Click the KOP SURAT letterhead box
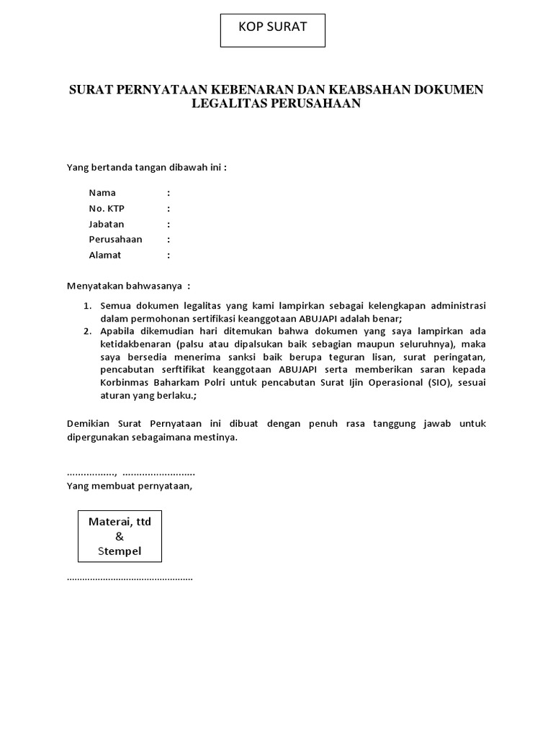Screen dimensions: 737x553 273,30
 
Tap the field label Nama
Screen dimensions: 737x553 102,193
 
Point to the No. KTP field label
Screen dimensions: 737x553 107,209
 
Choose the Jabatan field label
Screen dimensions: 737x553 107,224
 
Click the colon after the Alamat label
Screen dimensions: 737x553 169,255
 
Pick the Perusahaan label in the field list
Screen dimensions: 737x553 115,239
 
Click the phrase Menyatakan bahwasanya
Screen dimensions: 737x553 126,285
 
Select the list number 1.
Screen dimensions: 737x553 87,306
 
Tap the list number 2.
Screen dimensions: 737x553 87,331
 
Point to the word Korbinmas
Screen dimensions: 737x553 123,382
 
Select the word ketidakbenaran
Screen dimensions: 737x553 137,344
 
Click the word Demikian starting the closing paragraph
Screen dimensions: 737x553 89,424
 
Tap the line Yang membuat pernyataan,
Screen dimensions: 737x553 130,486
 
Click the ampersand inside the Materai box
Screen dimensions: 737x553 120,536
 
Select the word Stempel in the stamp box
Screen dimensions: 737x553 120,551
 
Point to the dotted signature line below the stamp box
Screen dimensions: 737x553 130,578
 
